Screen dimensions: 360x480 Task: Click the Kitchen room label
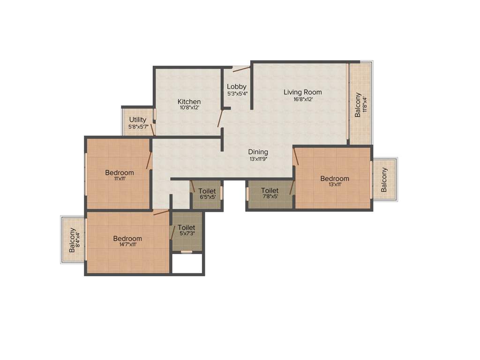(x=189, y=102)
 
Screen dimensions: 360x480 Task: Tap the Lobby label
(x=237, y=87)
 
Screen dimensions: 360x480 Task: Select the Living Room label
(x=303, y=92)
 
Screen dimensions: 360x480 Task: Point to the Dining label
(x=258, y=152)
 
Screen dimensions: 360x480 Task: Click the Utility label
(x=138, y=120)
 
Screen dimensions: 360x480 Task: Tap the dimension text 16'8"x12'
(x=303, y=99)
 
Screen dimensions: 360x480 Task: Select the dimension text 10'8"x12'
(x=189, y=108)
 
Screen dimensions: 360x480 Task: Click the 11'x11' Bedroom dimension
(x=119, y=179)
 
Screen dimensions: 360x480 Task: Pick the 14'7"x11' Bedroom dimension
(x=127, y=244)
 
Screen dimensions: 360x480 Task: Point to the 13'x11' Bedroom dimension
(x=335, y=185)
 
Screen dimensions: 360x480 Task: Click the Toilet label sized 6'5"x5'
(x=207, y=191)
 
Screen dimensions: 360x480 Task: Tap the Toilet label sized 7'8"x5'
(x=270, y=190)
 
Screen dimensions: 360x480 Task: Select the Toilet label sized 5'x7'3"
(x=187, y=227)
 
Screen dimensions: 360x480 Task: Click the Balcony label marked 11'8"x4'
(x=358, y=105)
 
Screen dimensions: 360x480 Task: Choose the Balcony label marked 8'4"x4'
(x=72, y=240)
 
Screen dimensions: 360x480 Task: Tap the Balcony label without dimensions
(x=384, y=180)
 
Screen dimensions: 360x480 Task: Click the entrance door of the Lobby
(x=241, y=69)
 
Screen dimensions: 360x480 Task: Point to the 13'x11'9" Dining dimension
(x=258, y=159)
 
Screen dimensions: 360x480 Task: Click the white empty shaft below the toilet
(x=187, y=263)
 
